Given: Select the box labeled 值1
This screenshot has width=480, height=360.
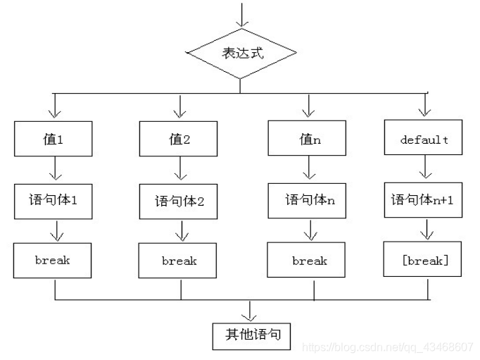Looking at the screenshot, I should (53, 139).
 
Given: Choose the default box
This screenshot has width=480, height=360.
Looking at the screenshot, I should (424, 139).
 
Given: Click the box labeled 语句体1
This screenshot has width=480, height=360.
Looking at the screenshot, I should (53, 200).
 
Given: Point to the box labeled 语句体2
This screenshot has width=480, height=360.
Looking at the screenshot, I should (180, 201).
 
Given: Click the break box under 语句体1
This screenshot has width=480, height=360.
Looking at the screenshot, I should (53, 261).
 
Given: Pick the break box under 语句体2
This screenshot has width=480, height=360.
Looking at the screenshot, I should (180, 261).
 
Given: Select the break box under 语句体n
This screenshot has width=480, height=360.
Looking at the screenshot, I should (309, 261).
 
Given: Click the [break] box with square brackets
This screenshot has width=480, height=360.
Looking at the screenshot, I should (424, 261).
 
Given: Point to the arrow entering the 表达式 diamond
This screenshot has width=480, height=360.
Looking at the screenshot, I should (241, 15).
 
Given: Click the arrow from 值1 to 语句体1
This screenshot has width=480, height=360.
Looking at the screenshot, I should (53, 169).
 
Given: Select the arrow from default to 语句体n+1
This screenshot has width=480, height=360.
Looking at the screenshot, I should (425, 169).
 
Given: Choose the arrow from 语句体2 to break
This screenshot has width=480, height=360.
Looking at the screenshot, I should (181, 230).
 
